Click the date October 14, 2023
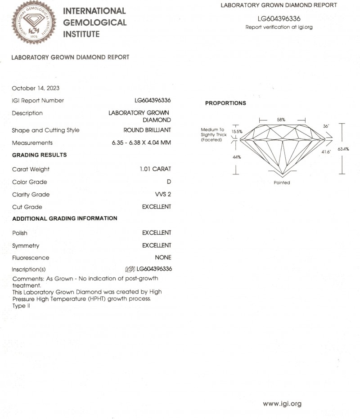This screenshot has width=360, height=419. pos(36,88)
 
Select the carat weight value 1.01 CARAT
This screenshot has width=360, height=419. pos(155,169)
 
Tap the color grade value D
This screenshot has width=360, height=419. pos(169,182)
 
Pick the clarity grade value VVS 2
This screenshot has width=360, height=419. pos(162,195)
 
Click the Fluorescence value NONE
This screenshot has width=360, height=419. pos(163,258)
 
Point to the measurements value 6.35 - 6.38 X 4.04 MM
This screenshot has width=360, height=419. pos(141,143)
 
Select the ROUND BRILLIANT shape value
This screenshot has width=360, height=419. pos(147,130)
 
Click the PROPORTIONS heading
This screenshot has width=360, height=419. pos(225,103)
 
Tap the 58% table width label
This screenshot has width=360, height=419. pos(281,120)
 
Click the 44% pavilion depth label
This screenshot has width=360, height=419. pos(236,157)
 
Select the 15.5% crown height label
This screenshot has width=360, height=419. pos(237,132)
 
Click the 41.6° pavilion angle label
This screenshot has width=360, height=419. pos(326,152)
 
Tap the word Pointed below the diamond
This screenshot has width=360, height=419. pos(282,183)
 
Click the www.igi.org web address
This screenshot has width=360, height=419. pos(282,404)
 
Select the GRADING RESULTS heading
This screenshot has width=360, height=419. pos(39,155)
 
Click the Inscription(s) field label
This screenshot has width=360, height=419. pos(29,269)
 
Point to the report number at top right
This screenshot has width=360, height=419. pos(279,19)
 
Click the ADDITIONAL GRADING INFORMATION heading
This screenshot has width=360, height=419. pos(64,218)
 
